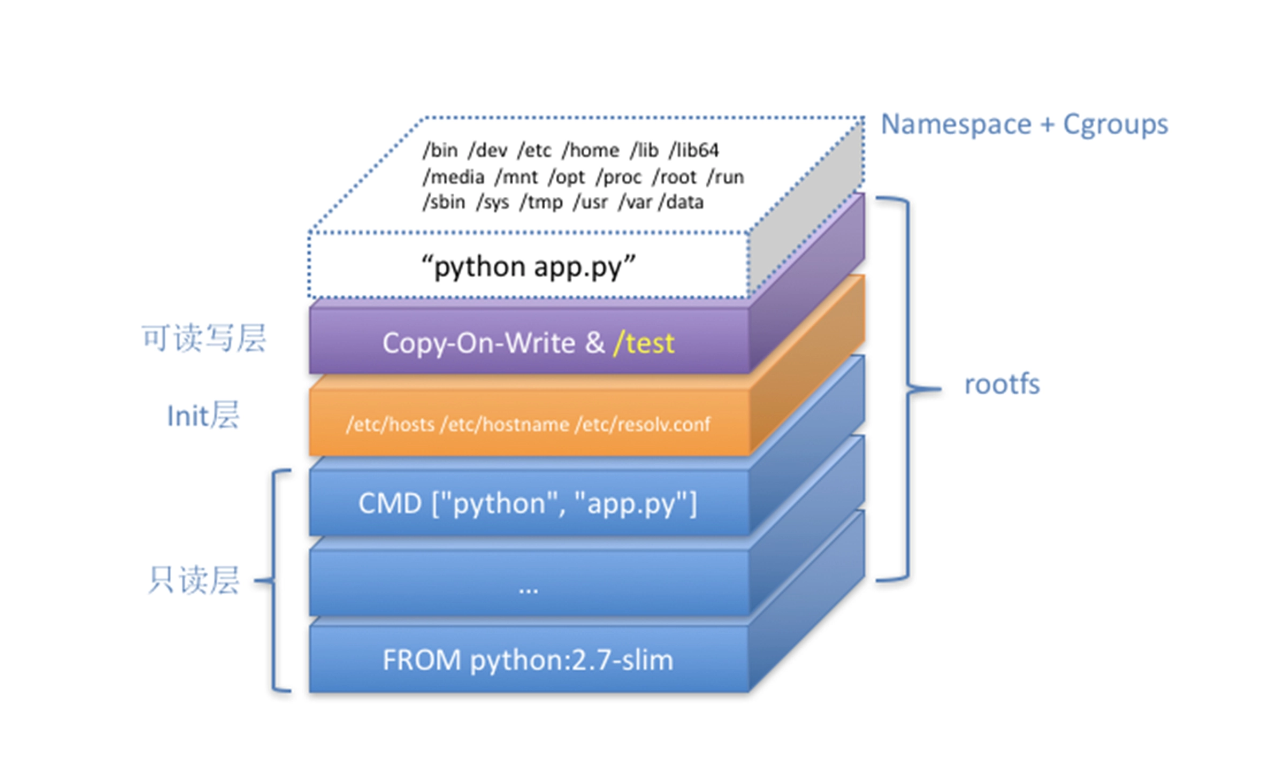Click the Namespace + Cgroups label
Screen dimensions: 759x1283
point(1024,125)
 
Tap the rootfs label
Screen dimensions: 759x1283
point(1002,385)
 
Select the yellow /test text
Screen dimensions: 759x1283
point(644,343)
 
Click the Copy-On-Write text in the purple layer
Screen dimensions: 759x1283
point(478,343)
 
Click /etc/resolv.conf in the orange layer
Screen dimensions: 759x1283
point(643,424)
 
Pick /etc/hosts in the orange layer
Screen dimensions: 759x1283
point(390,424)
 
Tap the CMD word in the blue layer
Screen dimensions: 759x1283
point(390,503)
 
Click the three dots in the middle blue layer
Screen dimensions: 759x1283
point(528,589)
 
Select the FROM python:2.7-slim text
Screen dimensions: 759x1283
point(528,660)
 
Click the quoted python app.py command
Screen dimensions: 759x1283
point(528,266)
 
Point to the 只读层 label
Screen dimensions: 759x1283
point(193,580)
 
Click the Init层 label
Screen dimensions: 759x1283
point(203,416)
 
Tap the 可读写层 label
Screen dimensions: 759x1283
point(204,338)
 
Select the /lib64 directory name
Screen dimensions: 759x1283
point(693,150)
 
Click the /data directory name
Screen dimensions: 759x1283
point(681,202)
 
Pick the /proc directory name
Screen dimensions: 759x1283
point(618,177)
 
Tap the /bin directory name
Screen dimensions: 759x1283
point(440,150)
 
